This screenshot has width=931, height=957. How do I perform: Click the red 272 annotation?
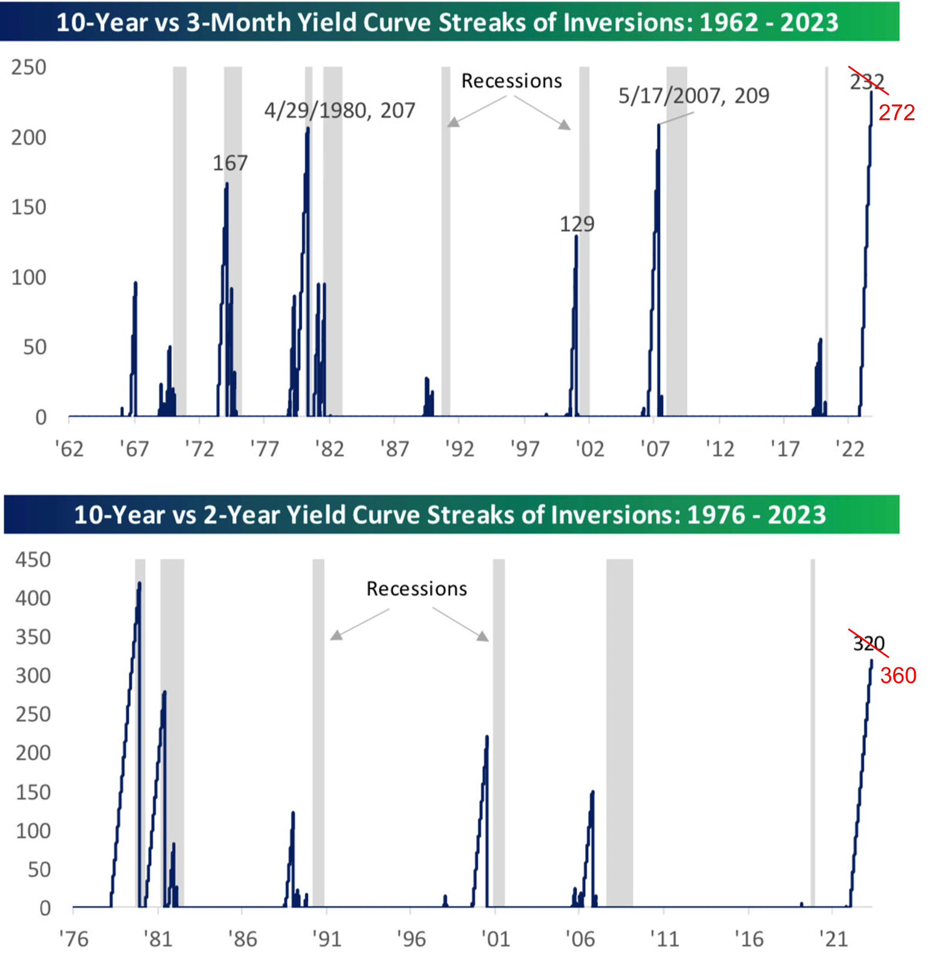pyautogui.click(x=896, y=112)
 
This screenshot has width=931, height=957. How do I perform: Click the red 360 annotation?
pyautogui.click(x=898, y=676)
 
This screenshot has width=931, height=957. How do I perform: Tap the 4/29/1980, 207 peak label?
pyautogui.click(x=339, y=111)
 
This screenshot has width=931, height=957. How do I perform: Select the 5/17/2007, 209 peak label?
pyautogui.click(x=693, y=96)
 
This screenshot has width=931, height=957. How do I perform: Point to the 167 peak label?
pyautogui.click(x=230, y=163)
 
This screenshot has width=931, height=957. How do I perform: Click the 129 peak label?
pyautogui.click(x=576, y=224)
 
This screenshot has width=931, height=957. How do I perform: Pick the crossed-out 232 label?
pyautogui.click(x=867, y=82)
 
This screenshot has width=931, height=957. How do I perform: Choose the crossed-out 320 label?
pyautogui.click(x=869, y=643)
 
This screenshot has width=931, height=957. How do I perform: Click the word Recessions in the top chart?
pyautogui.click(x=511, y=81)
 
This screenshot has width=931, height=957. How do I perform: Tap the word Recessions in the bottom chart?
pyautogui.click(x=416, y=589)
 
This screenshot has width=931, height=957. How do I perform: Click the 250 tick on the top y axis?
pyautogui.click(x=28, y=68)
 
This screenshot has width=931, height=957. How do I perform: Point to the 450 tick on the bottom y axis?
pyautogui.click(x=33, y=560)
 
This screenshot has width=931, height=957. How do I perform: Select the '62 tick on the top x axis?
pyautogui.click(x=69, y=449)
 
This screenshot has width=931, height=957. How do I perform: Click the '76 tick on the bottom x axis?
pyautogui.click(x=74, y=939)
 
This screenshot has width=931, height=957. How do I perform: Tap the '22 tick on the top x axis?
pyautogui.click(x=850, y=449)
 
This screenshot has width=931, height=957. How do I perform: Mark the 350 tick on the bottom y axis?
pyautogui.click(x=33, y=637)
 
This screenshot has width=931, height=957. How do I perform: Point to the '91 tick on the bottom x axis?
pyautogui.click(x=327, y=939)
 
